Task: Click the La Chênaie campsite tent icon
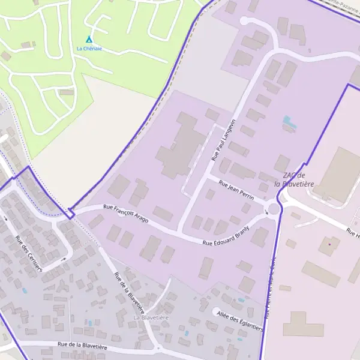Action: coord(89,39)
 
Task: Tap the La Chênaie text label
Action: coord(89,48)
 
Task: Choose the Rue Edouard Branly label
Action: coord(226,239)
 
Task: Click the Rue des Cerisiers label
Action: coord(29,254)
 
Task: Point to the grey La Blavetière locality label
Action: coord(151,317)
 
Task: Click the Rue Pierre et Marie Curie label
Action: coord(268,288)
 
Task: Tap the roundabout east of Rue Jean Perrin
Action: coord(275,209)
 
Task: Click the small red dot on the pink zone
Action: coord(329,244)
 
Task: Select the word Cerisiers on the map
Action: coord(34,260)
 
